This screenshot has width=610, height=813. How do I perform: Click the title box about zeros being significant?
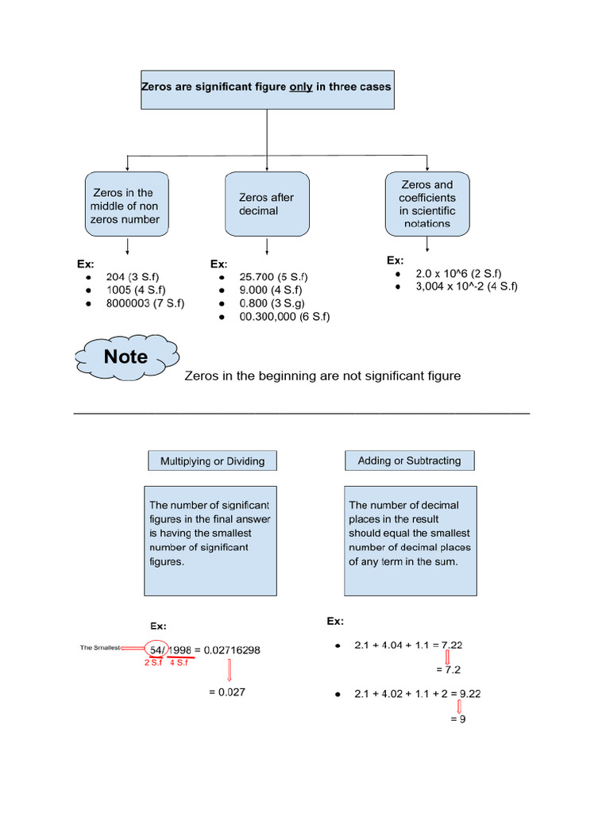(266, 87)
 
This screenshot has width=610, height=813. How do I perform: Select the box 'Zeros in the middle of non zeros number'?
(125, 206)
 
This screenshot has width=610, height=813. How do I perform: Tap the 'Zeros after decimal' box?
(266, 205)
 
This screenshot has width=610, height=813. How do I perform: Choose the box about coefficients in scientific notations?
(427, 204)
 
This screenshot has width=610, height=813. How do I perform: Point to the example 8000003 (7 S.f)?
(145, 302)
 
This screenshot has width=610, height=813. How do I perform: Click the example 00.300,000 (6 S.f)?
(284, 316)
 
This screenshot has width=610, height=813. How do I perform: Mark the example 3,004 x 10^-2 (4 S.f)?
(466, 286)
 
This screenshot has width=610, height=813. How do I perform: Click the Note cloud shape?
(125, 357)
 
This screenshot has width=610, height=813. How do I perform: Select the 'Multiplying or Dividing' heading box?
(212, 460)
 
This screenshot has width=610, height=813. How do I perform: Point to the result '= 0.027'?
(227, 692)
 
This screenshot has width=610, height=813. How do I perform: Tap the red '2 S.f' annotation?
(152, 662)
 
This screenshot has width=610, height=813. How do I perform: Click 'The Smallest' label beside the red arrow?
(99, 648)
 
